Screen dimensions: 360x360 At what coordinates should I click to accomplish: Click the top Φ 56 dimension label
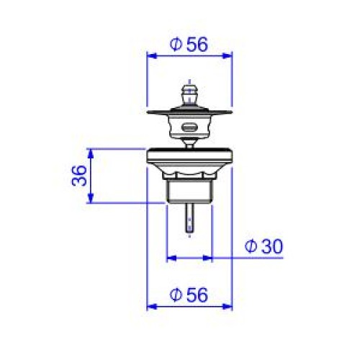189,45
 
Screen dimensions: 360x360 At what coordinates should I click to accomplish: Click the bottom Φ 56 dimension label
189,295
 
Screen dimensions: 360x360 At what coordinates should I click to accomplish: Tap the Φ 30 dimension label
264,246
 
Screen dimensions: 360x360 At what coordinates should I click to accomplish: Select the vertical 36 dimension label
79,176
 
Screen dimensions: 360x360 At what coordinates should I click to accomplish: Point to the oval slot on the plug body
189,127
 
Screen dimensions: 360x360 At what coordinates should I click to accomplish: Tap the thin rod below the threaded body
189,217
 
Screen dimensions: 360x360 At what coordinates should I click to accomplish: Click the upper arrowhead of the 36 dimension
90,154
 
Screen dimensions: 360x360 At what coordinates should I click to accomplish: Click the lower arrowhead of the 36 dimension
90,198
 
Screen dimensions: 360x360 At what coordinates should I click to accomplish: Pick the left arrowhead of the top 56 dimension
152,56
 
